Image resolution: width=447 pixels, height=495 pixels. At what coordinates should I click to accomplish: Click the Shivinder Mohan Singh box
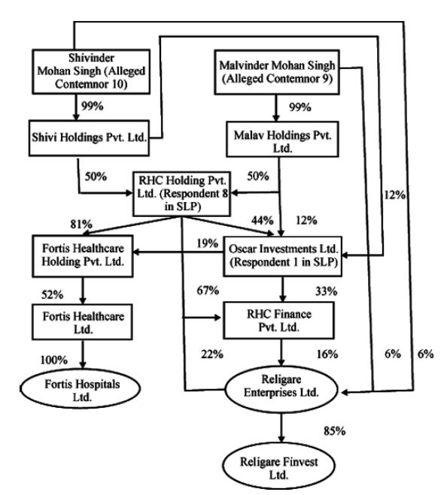coord(91,71)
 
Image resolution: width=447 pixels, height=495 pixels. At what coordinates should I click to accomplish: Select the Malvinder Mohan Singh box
coord(277,72)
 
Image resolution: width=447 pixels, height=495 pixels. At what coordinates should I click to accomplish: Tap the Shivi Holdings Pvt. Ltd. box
coord(89,138)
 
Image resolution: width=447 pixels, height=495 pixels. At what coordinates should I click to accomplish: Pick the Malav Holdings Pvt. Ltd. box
coord(282,139)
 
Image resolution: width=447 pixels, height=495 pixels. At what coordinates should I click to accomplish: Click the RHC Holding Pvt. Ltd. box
coord(181,194)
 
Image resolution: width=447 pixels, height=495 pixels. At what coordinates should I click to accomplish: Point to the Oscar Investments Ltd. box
coord(283,256)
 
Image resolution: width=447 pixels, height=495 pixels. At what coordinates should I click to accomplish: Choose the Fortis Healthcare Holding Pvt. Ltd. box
coord(83,256)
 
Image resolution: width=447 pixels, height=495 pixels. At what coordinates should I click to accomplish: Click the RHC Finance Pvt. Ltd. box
coord(278,321)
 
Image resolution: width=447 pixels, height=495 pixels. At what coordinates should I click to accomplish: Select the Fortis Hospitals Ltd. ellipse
coord(81,388)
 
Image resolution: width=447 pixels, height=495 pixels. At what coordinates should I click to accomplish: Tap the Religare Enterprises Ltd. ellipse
coord(281,389)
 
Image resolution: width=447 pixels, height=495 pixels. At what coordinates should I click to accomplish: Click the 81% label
coord(81,224)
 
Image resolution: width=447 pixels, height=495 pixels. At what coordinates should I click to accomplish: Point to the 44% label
coord(263,220)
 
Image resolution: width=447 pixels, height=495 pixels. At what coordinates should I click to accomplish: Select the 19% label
coord(208,243)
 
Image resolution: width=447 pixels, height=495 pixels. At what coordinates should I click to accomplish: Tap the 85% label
coord(334,431)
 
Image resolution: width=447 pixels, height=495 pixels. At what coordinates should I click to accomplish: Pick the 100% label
coord(54,360)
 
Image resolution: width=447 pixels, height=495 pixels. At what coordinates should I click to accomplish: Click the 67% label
coord(208,290)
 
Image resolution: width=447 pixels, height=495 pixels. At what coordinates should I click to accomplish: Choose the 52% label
coord(53,295)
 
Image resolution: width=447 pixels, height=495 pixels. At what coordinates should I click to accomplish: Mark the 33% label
coord(326,291)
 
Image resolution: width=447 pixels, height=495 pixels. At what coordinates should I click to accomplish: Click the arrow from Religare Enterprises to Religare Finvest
coord(281,427)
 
